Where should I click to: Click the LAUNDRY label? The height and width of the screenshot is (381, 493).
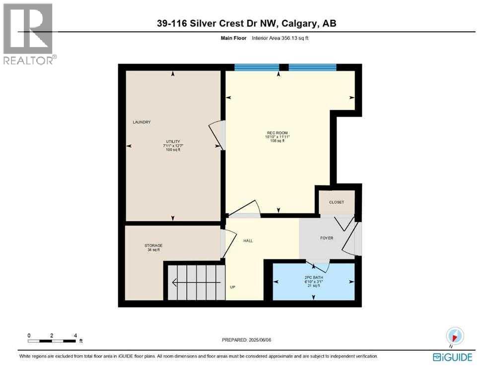click(141, 122)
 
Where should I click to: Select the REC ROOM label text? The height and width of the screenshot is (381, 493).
click(278, 133)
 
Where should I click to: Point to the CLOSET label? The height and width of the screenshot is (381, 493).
click(336, 202)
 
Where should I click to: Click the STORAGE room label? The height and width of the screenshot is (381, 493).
click(153, 246)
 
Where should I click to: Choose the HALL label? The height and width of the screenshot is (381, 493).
click(248, 241)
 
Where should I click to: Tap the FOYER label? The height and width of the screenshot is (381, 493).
click(326, 238)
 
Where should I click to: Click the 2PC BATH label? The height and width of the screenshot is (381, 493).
click(314, 277)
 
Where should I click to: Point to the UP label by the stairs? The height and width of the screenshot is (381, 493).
click(232, 287)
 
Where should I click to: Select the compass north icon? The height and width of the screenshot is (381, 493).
click(455, 336)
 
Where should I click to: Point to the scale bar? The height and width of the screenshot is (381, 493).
click(52, 341)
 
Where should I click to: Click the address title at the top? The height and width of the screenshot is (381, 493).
click(247, 23)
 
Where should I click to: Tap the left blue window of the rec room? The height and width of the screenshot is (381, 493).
click(256, 67)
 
